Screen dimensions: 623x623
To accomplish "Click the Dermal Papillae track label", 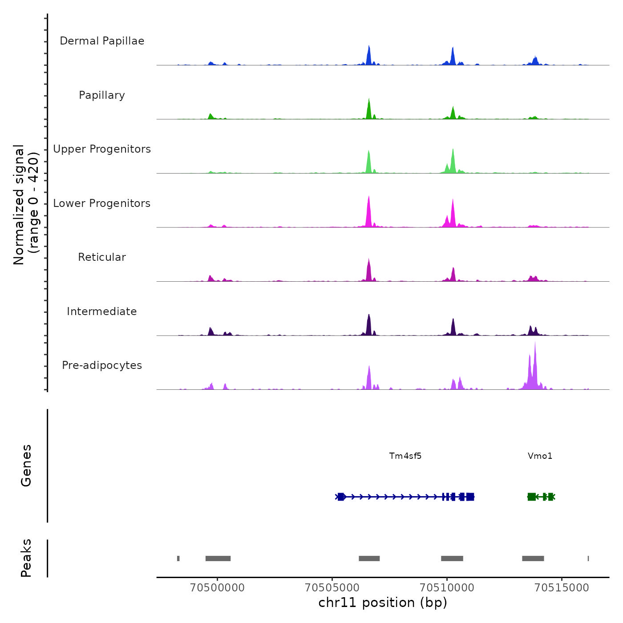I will click(102, 41).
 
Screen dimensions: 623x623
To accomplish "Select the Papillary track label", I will click(102, 95).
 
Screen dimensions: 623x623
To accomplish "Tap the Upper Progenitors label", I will click(102, 149).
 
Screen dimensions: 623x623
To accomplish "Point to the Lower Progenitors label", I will click(102, 203).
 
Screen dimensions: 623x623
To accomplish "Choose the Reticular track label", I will click(102, 257).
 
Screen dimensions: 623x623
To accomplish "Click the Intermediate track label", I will click(102, 311).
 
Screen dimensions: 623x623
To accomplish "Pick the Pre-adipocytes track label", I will click(102, 365).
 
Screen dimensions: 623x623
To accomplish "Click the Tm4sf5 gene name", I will click(405, 456).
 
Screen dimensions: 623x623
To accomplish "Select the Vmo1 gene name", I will click(540, 456).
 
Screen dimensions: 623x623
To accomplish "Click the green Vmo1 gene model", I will click(541, 497).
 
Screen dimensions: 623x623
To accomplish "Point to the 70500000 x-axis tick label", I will click(217, 587).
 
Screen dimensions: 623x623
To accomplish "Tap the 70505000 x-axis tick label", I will click(332, 587).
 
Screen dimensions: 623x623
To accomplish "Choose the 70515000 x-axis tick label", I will click(562, 587).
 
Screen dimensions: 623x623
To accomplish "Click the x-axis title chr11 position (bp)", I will click(383, 603).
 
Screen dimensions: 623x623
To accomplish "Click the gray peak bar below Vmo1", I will click(533, 558).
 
